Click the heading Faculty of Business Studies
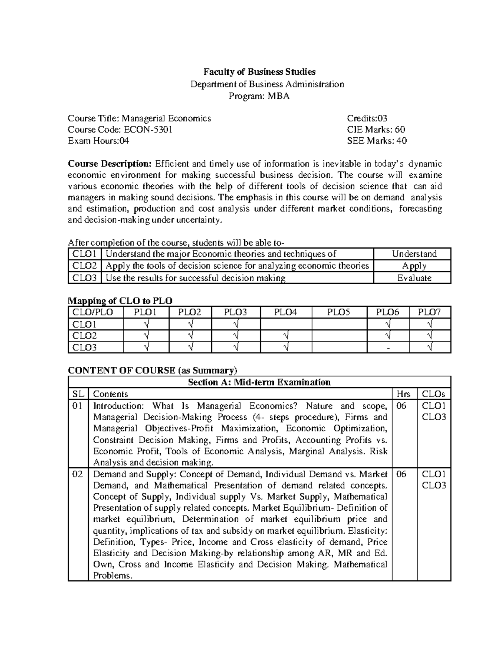click(259, 72)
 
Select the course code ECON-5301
click(146, 129)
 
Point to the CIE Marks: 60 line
click(376, 129)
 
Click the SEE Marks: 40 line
click(377, 141)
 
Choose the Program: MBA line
click(259, 96)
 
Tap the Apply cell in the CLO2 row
click(414, 266)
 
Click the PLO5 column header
click(339, 312)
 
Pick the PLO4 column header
click(286, 312)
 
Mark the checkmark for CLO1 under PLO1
click(146, 324)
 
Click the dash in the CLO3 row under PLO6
click(388, 348)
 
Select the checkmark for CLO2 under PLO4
click(286, 335)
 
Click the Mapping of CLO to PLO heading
click(120, 300)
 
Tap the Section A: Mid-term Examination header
click(259, 382)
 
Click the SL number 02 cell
click(78, 474)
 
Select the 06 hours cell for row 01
click(401, 406)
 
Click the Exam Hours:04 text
click(99, 141)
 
